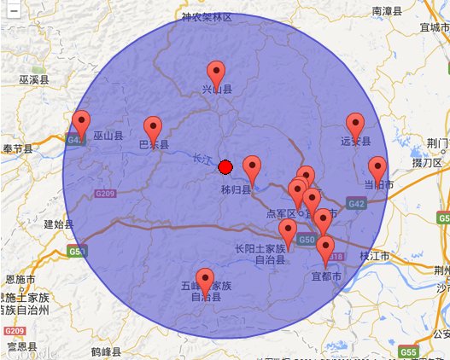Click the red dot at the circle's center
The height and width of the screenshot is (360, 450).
click(225, 166)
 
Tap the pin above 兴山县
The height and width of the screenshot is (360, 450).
click(217, 73)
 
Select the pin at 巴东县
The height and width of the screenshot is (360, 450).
click(153, 128)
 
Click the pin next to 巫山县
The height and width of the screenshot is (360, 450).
click(81, 123)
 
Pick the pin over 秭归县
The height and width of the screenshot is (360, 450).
click(252, 167)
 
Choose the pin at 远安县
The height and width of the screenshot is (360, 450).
click(355, 125)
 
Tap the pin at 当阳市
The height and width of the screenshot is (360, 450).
click(377, 168)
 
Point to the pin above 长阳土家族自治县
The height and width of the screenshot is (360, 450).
click(288, 230)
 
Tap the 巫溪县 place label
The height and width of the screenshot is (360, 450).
click(33, 79)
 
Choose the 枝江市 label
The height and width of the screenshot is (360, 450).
click(375, 256)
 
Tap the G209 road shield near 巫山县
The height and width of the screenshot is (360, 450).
click(105, 194)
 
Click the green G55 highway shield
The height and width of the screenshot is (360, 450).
click(408, 351)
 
